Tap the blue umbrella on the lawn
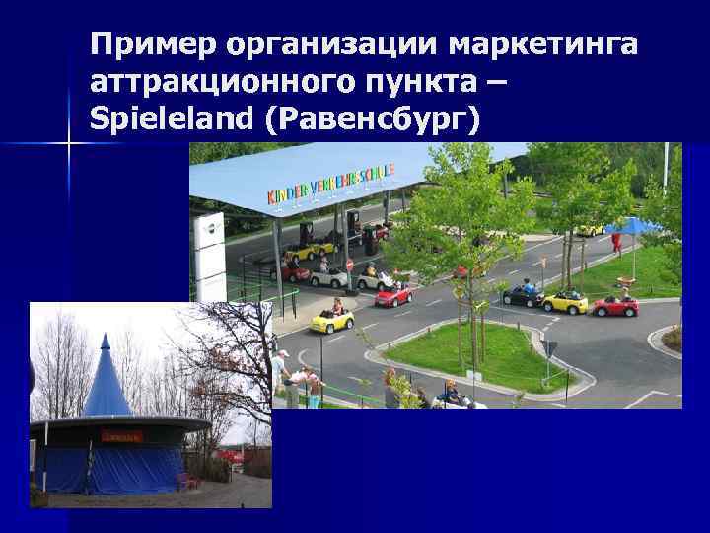tap(632, 226)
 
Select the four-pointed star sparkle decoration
tap(68, 144)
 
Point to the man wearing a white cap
tap(284, 370)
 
